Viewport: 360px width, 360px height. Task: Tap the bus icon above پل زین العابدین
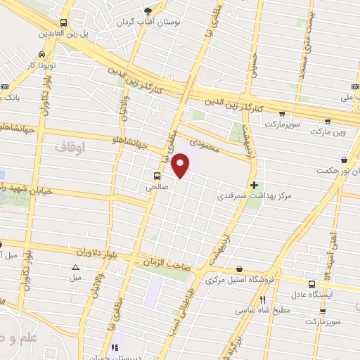click(64, 22)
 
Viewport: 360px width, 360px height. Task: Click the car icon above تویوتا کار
click(43, 54)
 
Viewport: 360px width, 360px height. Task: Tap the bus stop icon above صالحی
click(155, 176)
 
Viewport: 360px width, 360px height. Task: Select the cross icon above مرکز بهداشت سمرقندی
click(254, 184)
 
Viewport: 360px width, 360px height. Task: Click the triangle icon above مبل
click(75, 266)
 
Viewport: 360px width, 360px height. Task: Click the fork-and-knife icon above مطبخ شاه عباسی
click(262, 298)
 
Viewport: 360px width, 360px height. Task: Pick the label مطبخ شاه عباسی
click(262, 309)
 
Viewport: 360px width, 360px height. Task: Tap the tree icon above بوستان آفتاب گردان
click(148, 11)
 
